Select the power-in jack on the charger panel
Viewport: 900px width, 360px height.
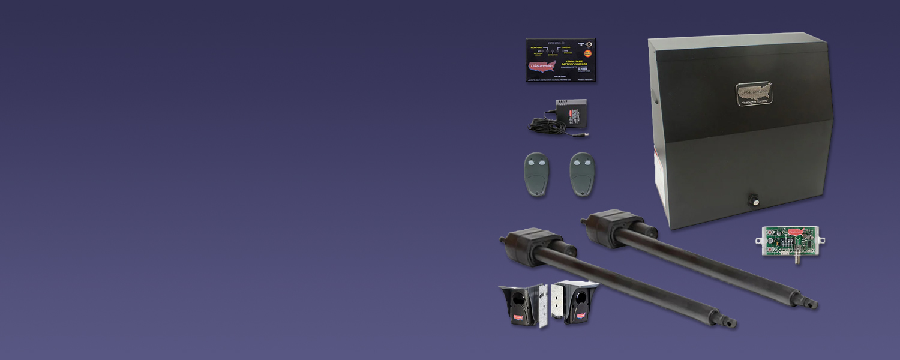589,44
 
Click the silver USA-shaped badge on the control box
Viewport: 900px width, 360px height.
754,93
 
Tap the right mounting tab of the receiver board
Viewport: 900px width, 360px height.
823,241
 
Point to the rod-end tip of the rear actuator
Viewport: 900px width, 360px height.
813,305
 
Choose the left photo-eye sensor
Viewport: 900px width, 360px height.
520,304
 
